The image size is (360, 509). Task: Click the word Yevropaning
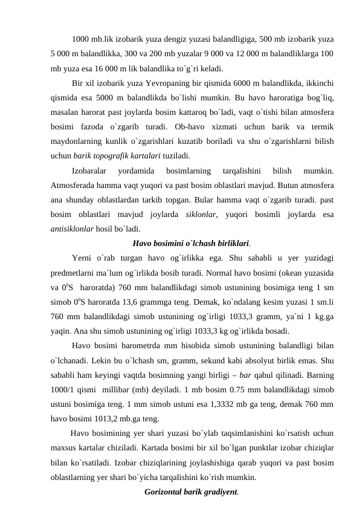(179, 83)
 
